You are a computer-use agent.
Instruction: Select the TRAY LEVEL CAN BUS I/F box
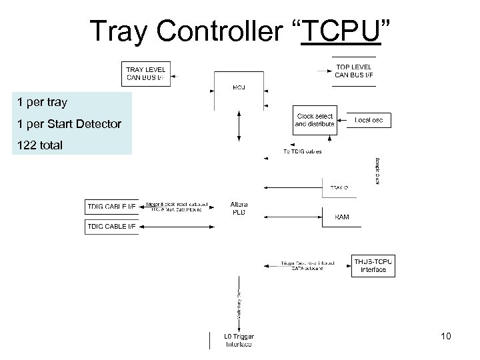[145, 73]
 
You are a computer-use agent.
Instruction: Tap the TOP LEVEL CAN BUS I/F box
[353, 71]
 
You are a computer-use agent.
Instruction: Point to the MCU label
[239, 87]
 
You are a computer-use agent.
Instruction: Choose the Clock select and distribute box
[315, 120]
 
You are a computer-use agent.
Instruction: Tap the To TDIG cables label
[303, 151]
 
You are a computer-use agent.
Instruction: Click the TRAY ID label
[339, 188]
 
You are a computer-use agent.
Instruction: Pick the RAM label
[341, 217]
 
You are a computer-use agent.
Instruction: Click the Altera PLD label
[239, 207]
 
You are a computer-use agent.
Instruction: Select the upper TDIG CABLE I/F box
[111, 207]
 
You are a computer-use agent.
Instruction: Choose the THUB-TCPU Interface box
[373, 265]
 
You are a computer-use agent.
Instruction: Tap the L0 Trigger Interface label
[238, 341]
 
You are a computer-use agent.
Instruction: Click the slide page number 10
[445, 337]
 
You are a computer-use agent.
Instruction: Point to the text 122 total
[40, 144]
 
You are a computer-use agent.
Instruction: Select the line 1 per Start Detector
[69, 124]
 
